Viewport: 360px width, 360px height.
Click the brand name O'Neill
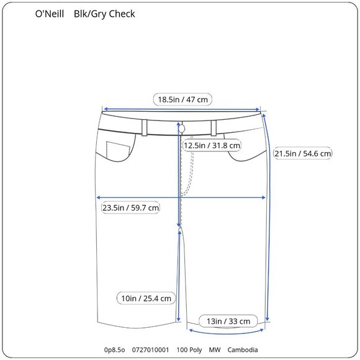point(50,14)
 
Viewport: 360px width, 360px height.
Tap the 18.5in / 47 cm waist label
point(183,99)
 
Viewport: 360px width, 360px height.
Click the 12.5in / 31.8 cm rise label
point(212,145)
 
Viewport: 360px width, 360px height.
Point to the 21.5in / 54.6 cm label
point(302,153)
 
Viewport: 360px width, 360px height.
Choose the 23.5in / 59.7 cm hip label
point(131,207)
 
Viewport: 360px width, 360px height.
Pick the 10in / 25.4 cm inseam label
point(146,299)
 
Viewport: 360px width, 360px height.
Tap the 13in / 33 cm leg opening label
point(228,321)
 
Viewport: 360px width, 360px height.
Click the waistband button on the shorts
point(181,127)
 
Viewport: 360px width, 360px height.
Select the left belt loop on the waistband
point(144,127)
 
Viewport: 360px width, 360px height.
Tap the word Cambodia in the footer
point(243,351)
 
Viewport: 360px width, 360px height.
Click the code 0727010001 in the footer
point(151,351)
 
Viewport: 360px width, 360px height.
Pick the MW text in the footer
point(215,351)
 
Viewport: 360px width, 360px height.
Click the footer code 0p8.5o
point(115,351)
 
